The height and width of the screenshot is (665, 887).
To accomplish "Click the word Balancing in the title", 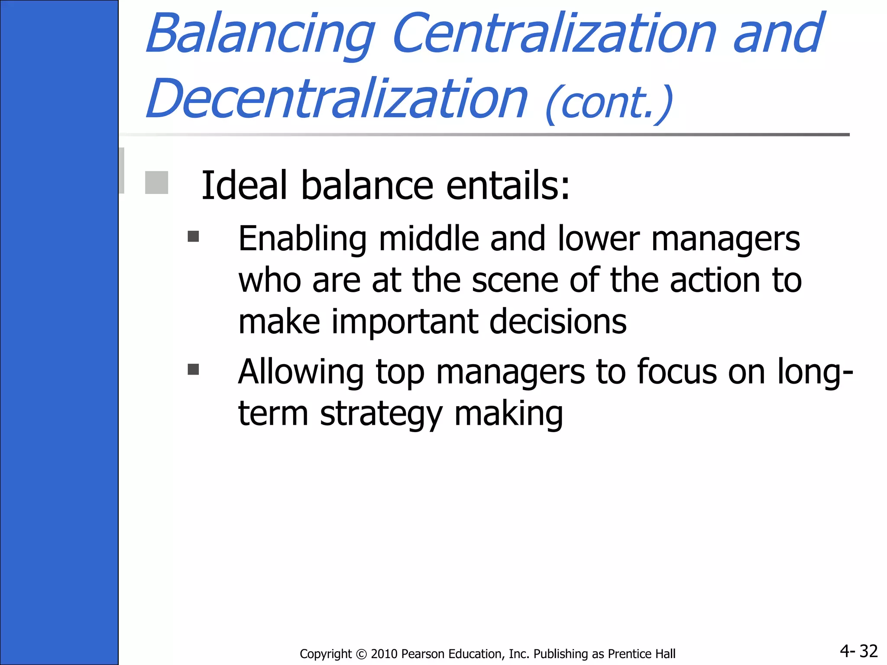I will [260, 35].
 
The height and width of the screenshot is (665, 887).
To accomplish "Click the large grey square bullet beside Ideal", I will [156, 182].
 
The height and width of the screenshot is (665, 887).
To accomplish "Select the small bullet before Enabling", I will [193, 236].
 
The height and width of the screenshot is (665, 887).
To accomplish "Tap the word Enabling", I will [302, 239].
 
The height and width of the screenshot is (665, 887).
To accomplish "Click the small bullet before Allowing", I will [193, 369].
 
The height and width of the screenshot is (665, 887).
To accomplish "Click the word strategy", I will [381, 414].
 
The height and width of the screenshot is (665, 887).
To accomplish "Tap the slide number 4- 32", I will [858, 651].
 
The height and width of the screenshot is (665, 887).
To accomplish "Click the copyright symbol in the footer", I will [361, 654].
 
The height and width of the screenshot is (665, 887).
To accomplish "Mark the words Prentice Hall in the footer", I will [641, 654].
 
